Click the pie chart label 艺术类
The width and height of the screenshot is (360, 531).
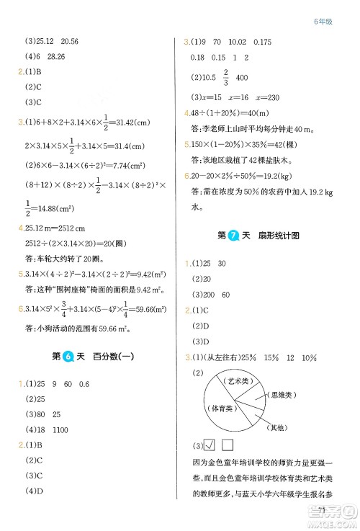point(233,380)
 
